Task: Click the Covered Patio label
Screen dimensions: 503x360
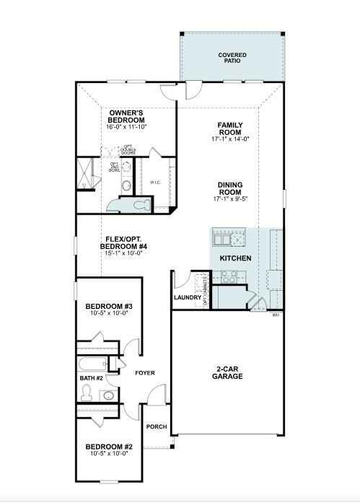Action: coord(232,58)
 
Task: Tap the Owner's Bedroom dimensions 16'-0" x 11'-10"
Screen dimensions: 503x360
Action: coord(127,127)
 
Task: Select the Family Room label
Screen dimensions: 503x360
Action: coord(229,129)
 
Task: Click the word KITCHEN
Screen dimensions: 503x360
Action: coord(235,258)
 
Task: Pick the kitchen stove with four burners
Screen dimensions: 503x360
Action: coord(229,275)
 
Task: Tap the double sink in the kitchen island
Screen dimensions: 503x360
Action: coord(228,239)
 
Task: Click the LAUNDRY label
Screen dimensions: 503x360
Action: coord(187,298)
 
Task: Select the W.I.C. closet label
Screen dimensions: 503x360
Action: coord(156,182)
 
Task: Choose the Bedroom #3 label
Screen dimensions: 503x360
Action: coord(108,306)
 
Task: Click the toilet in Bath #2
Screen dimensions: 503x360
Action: coord(87,393)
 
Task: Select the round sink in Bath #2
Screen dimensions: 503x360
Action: coord(108,395)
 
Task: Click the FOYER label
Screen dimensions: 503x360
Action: coord(145,373)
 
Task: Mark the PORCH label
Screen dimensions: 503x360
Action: coord(157,427)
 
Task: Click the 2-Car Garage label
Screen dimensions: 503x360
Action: coord(227,373)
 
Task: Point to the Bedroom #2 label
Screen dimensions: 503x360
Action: coord(108,446)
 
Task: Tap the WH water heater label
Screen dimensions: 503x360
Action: coord(276,315)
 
